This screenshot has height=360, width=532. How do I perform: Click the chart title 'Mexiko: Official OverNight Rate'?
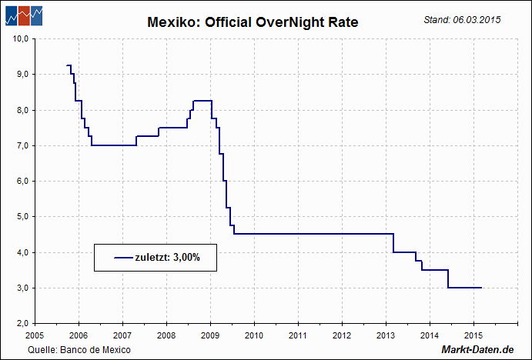253,23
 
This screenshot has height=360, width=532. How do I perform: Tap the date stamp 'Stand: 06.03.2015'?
462,19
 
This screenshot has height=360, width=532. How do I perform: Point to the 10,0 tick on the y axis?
22,38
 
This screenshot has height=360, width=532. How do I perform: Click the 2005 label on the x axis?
35,335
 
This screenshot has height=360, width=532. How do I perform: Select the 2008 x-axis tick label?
166,335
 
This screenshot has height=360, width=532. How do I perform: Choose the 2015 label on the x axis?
473,335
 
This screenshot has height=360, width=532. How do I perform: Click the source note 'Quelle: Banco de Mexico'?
79,350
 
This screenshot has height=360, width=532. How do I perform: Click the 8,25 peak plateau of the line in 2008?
202,101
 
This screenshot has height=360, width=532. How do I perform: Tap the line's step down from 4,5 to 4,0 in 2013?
393,243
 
